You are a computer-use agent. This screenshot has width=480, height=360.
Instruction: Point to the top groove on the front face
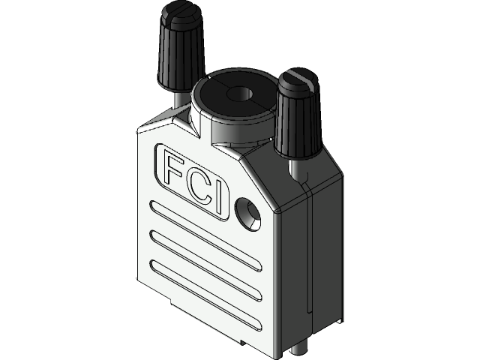[x=205, y=229]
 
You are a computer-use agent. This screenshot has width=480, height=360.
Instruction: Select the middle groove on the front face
[x=205, y=259]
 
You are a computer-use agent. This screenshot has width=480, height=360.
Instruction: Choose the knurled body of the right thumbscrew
[x=297, y=116]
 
